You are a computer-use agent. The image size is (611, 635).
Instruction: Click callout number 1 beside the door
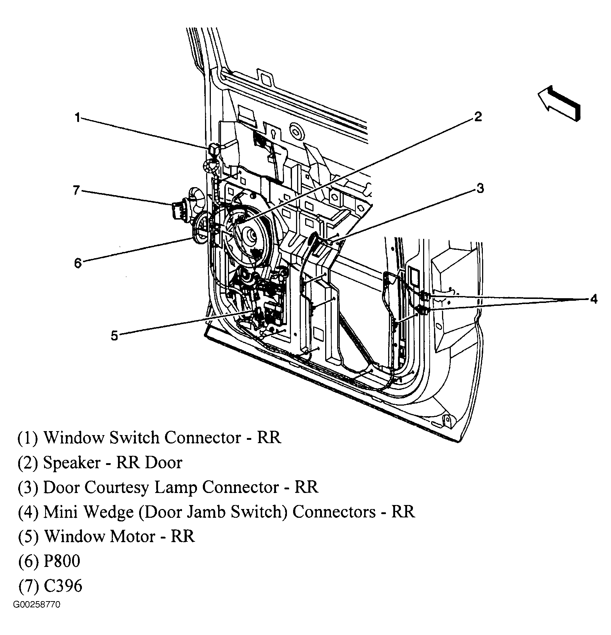(x=77, y=118)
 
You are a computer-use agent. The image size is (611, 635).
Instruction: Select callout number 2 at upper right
(x=478, y=117)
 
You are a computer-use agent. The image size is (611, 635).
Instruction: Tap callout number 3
(x=480, y=188)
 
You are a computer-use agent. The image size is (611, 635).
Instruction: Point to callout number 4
(x=594, y=299)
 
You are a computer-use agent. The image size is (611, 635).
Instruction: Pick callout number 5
(x=114, y=335)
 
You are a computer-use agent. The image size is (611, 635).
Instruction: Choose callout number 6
(x=78, y=263)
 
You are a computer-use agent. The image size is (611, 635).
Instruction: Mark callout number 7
(x=76, y=190)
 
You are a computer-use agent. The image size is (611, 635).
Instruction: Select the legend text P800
(x=62, y=561)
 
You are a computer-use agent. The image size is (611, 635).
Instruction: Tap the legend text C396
(x=63, y=586)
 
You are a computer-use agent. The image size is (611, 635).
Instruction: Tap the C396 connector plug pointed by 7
(x=179, y=210)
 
